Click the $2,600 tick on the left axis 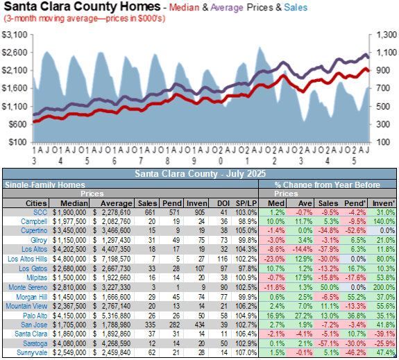15,53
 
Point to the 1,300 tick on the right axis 386,35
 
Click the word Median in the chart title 184,8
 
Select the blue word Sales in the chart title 296,8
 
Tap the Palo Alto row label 35,316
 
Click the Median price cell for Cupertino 69,230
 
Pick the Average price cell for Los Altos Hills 112,259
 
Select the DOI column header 223,203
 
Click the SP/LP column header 246,203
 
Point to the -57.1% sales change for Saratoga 328,343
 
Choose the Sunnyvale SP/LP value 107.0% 246,352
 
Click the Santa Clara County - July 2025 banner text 200,174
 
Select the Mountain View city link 26,306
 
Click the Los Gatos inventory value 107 200,268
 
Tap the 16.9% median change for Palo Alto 275,316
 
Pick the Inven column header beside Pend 196,203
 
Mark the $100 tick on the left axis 18,142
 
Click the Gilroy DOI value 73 224,240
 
